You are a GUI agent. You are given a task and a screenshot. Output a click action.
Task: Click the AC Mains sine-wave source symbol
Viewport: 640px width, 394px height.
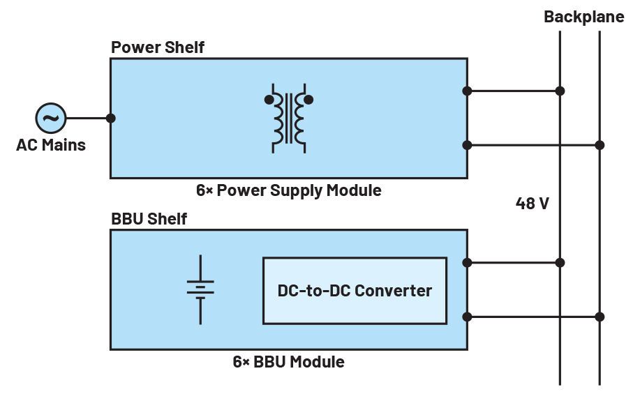(x=50, y=118)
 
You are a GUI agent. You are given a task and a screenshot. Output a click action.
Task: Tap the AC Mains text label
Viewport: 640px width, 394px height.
(x=51, y=145)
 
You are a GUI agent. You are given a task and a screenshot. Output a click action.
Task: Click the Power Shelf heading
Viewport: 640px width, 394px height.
(x=158, y=47)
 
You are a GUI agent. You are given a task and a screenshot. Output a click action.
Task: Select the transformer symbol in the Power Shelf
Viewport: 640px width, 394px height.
(x=289, y=119)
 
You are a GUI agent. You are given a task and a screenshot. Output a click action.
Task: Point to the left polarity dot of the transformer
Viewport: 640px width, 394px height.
(x=269, y=100)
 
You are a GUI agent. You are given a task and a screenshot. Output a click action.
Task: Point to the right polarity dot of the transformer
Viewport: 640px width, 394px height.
(x=309, y=100)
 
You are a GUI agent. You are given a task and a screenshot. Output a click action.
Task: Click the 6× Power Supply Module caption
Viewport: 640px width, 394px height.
(x=288, y=190)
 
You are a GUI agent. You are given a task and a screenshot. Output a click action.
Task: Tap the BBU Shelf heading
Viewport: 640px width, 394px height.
(x=149, y=219)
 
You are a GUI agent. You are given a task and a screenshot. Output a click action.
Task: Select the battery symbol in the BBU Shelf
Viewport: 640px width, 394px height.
(x=200, y=289)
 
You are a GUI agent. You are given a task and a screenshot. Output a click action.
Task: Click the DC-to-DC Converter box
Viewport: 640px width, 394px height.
(x=355, y=291)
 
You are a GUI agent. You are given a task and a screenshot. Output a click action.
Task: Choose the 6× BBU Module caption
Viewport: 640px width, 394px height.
(x=288, y=362)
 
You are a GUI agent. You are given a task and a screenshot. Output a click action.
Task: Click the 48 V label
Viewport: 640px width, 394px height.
(x=533, y=204)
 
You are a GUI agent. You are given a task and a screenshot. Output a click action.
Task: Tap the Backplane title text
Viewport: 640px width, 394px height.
(x=584, y=17)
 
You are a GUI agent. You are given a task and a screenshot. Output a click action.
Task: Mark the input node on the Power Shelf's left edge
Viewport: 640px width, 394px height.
(x=111, y=118)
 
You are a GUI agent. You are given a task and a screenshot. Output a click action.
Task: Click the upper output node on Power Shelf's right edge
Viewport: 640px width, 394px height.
(x=467, y=91)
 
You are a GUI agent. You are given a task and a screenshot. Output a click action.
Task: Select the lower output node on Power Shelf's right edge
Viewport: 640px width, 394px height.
(x=467, y=145)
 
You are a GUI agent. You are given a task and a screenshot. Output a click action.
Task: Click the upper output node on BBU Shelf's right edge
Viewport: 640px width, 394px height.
(x=467, y=263)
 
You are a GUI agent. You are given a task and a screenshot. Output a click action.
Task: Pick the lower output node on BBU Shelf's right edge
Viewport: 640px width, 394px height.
(x=467, y=317)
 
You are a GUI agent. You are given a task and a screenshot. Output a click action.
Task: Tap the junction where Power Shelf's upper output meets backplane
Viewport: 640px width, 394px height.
(x=560, y=91)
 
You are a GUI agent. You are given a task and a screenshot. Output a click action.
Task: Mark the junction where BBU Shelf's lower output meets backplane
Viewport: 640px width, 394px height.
(x=600, y=317)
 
